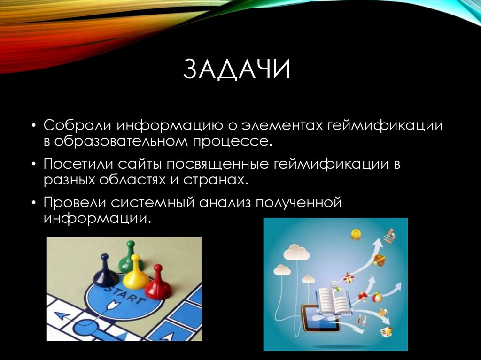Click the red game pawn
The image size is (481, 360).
[158, 283]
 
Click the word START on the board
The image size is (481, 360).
[123, 296]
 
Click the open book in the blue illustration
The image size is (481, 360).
[333, 301]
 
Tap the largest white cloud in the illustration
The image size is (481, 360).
[296, 253]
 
